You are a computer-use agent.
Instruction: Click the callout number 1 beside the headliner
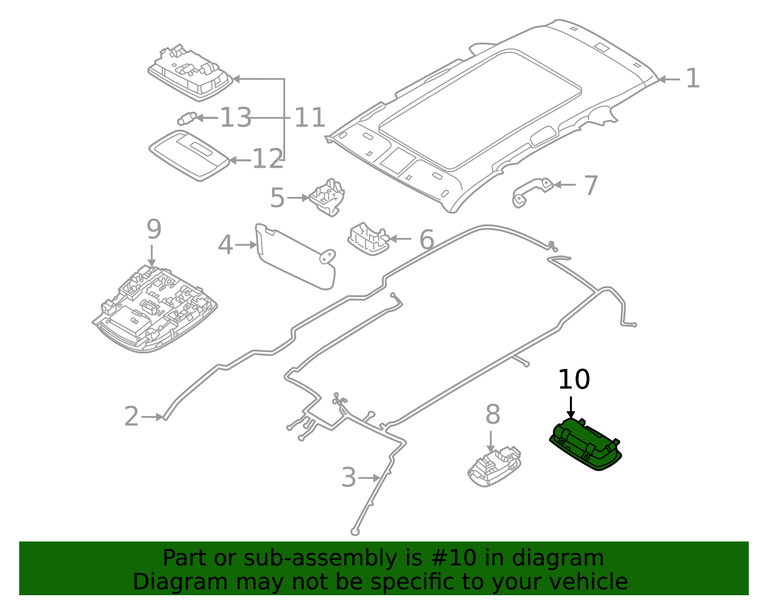tap(692, 78)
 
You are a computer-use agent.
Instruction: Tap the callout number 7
tap(591, 185)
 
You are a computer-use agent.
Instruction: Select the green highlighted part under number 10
tap(586, 445)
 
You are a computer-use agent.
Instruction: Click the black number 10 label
tap(574, 380)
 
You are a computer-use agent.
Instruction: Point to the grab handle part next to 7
tap(532, 190)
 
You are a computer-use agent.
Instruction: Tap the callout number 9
tap(154, 230)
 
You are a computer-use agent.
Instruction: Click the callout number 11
tap(310, 118)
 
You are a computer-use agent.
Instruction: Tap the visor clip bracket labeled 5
tap(328, 197)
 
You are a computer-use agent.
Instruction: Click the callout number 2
tap(131, 416)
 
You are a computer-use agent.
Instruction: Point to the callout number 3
tap(349, 478)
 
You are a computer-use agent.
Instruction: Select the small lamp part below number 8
tap(494, 466)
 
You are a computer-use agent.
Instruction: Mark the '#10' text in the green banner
tap(454, 558)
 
